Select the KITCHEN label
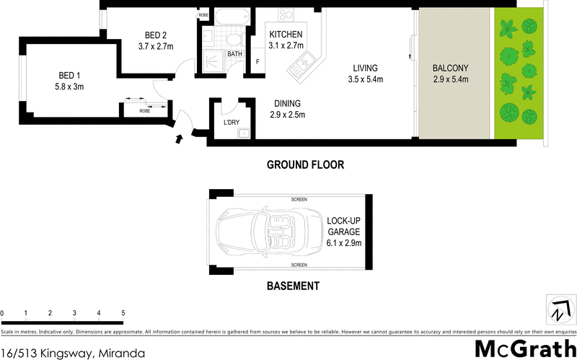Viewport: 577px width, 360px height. click(x=286, y=35)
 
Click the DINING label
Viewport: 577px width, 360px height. click(x=286, y=104)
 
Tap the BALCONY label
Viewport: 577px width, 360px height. click(x=451, y=69)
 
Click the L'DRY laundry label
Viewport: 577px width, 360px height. click(x=232, y=123)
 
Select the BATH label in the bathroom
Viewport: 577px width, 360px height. click(x=234, y=54)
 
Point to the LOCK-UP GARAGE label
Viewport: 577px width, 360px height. click(x=343, y=226)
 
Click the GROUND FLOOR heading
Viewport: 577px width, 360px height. click(x=305, y=164)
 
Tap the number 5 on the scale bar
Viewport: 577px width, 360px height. click(x=123, y=313)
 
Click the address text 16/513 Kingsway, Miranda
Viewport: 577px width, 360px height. click(x=73, y=353)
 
